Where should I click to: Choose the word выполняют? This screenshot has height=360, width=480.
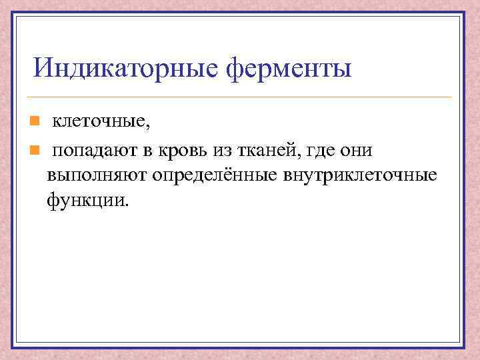pyautogui.click(x=96, y=176)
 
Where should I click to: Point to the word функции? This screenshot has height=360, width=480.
pyautogui.click(x=83, y=199)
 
